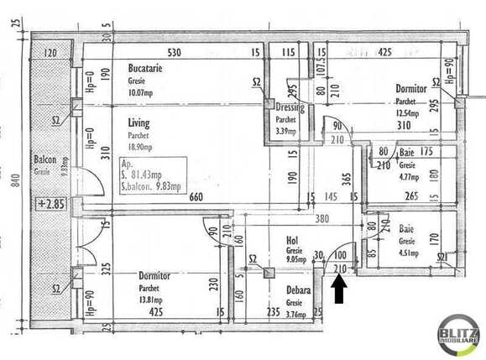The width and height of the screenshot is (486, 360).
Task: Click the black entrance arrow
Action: (339, 290)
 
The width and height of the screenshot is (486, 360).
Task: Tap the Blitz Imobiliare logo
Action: (458, 336)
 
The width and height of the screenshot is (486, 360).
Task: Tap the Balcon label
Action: (44, 159)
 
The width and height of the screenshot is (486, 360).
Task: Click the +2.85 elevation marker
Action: (51, 203)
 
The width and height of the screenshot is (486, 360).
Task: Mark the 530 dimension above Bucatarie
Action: (174, 53)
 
